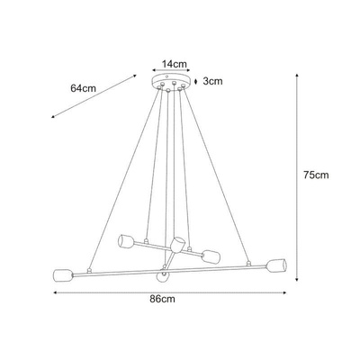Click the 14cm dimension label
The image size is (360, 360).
click(x=175, y=64)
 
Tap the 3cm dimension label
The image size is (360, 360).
click(x=212, y=81)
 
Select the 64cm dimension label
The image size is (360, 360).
click(x=83, y=88)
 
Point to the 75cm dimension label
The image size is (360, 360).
click(x=316, y=175)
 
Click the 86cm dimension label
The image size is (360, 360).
click(x=162, y=299)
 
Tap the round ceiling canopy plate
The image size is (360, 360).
click(x=171, y=81)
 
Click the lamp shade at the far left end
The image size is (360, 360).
click(x=63, y=274)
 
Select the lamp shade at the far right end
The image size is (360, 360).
click(x=276, y=265)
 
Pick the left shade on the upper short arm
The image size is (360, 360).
click(x=126, y=241)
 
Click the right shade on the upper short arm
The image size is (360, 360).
click(x=211, y=256)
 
